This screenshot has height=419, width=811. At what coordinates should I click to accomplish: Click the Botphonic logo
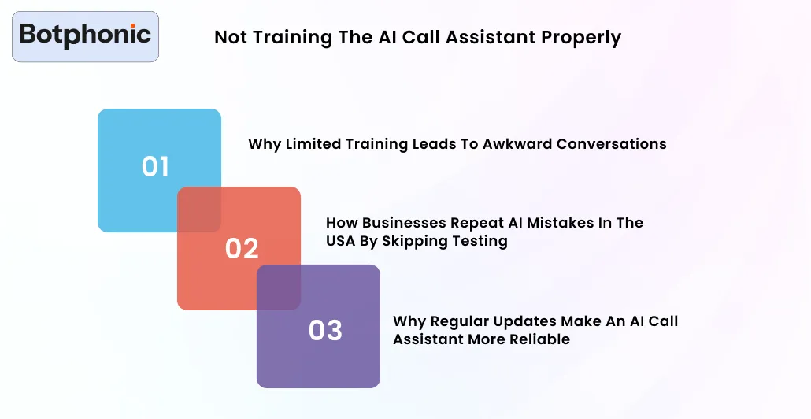pyautogui.click(x=85, y=35)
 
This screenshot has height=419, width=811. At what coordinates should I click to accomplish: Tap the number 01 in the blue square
pyautogui.click(x=155, y=166)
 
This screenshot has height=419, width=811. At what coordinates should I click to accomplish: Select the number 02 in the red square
pyautogui.click(x=242, y=248)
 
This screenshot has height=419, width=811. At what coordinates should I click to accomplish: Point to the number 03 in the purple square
pyautogui.click(x=325, y=330)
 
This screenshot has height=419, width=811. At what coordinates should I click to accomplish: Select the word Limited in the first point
pyautogui.click(x=315, y=144)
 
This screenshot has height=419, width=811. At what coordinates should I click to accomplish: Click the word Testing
pyautogui.click(x=479, y=242)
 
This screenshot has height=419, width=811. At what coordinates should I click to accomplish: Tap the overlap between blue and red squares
pyautogui.click(x=199, y=209)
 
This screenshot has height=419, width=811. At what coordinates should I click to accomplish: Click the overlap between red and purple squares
pyautogui.click(x=279, y=287)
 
